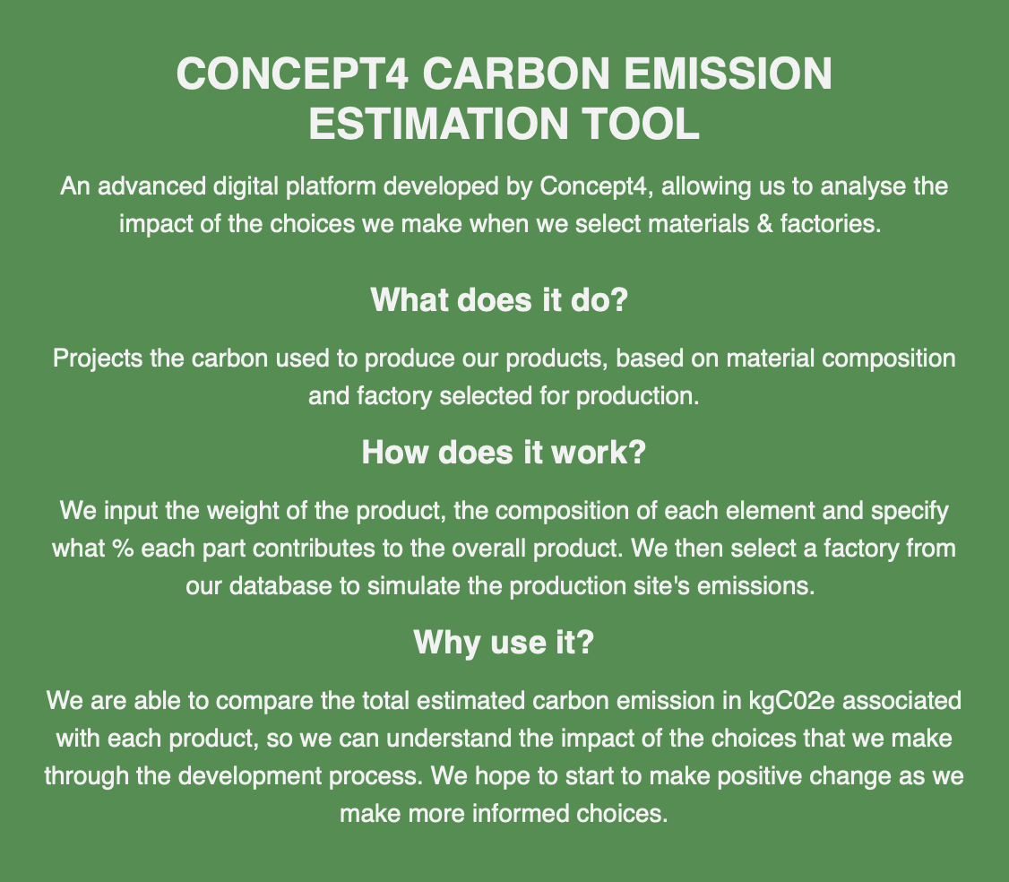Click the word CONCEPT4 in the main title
point(292,73)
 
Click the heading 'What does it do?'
point(499,300)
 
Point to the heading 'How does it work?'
point(504,452)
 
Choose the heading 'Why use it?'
point(504,642)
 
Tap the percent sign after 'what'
point(122,549)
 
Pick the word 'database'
point(280,586)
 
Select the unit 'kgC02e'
point(791,701)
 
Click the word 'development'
point(250,776)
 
